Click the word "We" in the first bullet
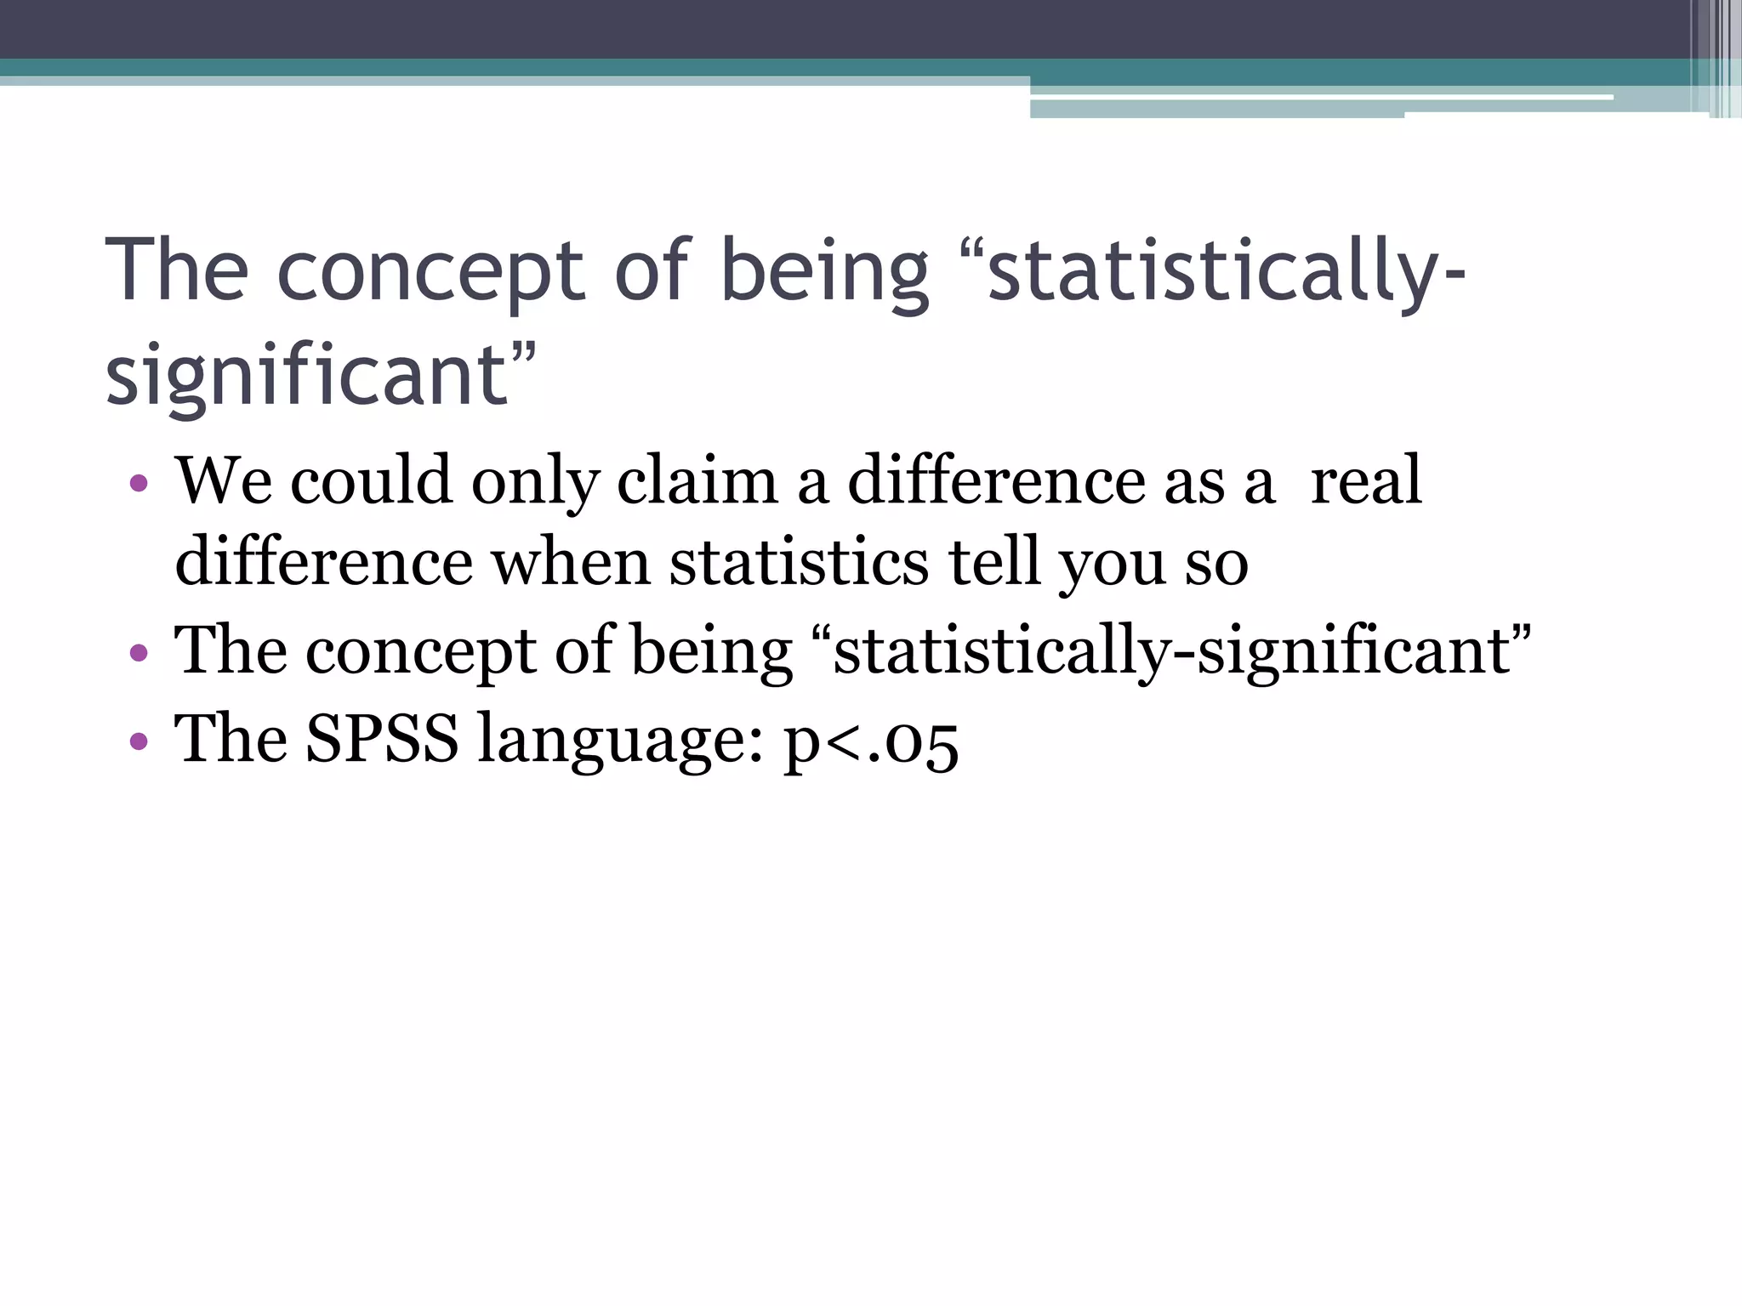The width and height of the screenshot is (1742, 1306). point(224,481)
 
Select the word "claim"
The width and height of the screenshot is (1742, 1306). point(697,481)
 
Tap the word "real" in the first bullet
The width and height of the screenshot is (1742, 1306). point(1366,481)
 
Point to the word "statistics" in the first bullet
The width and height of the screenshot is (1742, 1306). point(799,563)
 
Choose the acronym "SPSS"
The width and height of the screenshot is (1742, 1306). point(382,738)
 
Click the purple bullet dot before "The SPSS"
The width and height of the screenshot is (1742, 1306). point(139,741)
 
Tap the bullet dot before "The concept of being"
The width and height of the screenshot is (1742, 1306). point(139,655)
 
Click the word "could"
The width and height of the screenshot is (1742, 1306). point(371,481)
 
